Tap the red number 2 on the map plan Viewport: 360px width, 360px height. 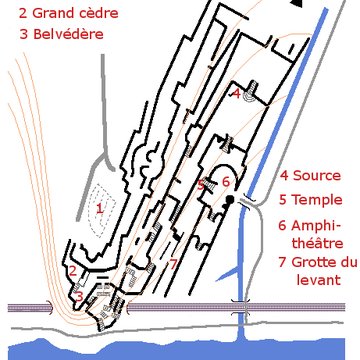point(73,271)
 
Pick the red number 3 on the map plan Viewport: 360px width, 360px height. point(79,297)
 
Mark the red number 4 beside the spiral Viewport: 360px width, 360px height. point(236,93)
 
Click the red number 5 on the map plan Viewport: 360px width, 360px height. point(201,184)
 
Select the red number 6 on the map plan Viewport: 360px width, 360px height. point(226,182)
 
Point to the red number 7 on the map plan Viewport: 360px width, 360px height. point(173,264)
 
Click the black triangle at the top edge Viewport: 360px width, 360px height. point(295,4)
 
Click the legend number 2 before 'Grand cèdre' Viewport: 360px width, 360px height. point(9,13)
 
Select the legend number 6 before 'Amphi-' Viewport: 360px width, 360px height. point(284,222)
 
